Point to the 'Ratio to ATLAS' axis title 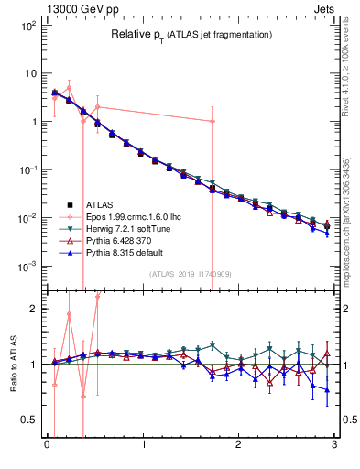[12, 365]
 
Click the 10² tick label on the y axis [27, 26]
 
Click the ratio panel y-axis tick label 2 [33, 310]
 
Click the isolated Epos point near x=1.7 [213, 121]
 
